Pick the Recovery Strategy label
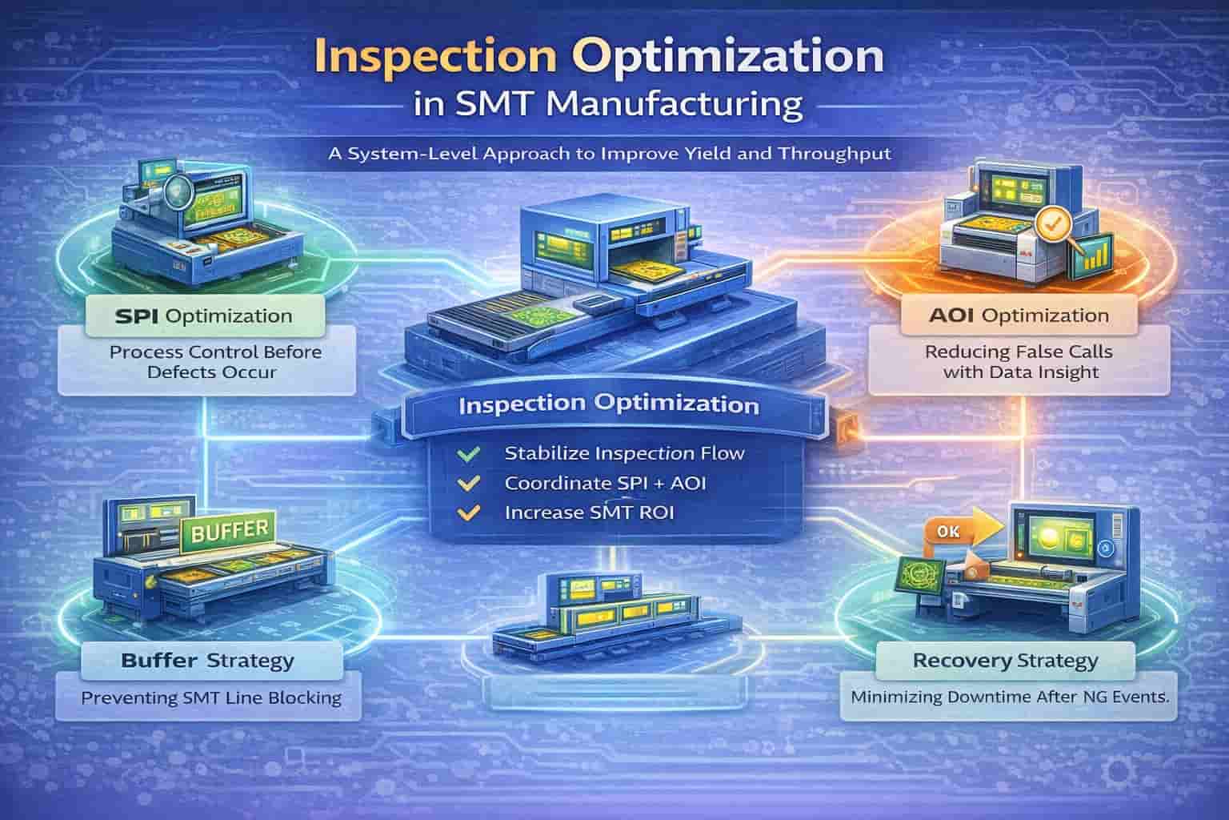point(1005,661)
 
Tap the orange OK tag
point(945,531)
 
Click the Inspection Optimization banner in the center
point(608,404)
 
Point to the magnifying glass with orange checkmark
point(1049,227)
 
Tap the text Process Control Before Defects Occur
point(215,362)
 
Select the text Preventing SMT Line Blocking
point(211,698)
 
